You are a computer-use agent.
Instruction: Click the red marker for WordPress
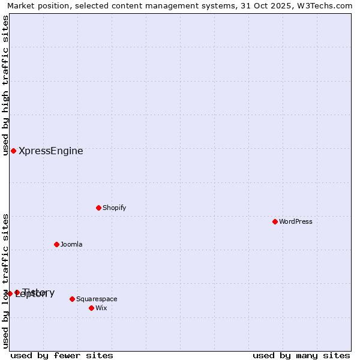click(275, 221)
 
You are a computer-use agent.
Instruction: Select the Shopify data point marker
click(99, 208)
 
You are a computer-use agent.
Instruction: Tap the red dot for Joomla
click(57, 244)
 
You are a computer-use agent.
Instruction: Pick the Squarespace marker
click(73, 299)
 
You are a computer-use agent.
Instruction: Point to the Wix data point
click(92, 308)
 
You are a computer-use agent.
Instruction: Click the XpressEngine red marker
click(14, 151)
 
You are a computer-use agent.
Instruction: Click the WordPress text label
click(296, 221)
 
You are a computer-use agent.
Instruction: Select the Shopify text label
click(114, 208)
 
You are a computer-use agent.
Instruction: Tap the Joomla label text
click(71, 244)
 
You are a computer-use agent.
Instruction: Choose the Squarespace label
click(97, 299)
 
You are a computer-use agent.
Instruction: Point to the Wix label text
click(101, 308)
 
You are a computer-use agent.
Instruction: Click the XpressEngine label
click(51, 151)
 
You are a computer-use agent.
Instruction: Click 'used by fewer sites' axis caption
click(62, 355)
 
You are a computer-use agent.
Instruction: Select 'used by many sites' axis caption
click(301, 355)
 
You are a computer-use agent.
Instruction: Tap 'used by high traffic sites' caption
click(6, 85)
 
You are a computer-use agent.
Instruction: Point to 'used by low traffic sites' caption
click(6, 281)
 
